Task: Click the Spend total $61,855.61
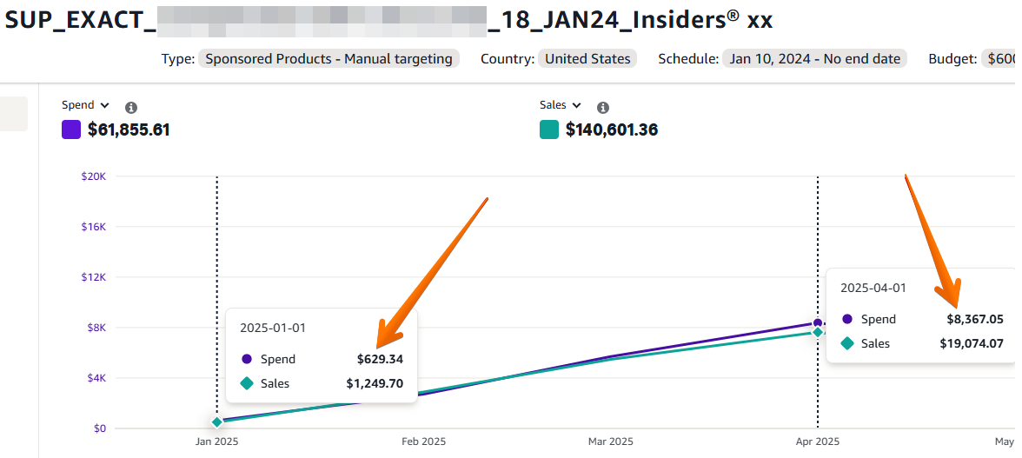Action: pyautogui.click(x=129, y=130)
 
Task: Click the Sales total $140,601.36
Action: pyautogui.click(x=611, y=130)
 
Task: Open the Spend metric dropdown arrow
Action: pyautogui.click(x=104, y=105)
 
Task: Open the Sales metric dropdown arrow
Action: pyautogui.click(x=577, y=105)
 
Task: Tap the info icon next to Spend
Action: pyautogui.click(x=131, y=108)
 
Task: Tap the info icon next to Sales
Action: pyautogui.click(x=603, y=108)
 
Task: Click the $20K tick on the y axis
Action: pyautogui.click(x=94, y=176)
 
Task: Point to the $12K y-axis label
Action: pyautogui.click(x=94, y=277)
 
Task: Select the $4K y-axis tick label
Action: pyautogui.click(x=95, y=378)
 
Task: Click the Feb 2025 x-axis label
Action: pyautogui.click(x=423, y=441)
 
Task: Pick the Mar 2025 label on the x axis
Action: pyautogui.click(x=610, y=441)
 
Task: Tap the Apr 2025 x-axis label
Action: pyautogui.click(x=818, y=441)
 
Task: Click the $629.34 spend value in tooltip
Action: pyautogui.click(x=380, y=359)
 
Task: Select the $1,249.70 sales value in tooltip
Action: pyautogui.click(x=375, y=383)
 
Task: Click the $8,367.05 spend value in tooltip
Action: pyautogui.click(x=975, y=319)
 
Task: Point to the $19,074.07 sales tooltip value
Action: pyautogui.click(x=971, y=343)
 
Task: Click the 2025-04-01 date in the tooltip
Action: pyautogui.click(x=873, y=288)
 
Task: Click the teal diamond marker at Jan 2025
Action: pyautogui.click(x=216, y=422)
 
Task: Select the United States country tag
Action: pyautogui.click(x=587, y=59)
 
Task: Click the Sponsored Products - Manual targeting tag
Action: pyautogui.click(x=328, y=59)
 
